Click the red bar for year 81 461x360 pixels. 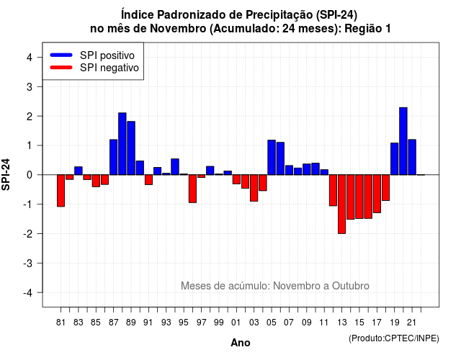pos(61,191)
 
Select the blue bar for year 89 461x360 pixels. pos(131,148)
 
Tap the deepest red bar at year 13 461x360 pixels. pos(341,204)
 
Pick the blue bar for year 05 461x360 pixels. pos(272,157)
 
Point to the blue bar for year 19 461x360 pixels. pos(395,158)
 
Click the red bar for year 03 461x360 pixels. pos(254,188)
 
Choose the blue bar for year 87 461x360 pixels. pos(114,157)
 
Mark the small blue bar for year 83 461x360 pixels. pos(79,171)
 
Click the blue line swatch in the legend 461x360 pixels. pos(61,55)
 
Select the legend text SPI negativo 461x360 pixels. pos(109,68)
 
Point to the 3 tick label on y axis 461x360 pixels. pos(30,86)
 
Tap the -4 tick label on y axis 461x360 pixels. pos(28,293)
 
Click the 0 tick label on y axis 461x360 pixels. pos(30,175)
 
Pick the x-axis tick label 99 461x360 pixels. pos(219,323)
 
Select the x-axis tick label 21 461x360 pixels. pos(411,323)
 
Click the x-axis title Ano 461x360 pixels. pos(241,343)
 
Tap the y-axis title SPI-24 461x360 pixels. pos(6,174)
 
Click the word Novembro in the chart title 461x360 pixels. pos(178,29)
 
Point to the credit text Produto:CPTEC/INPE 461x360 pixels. pos(394,338)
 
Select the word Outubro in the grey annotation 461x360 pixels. pos(351,286)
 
